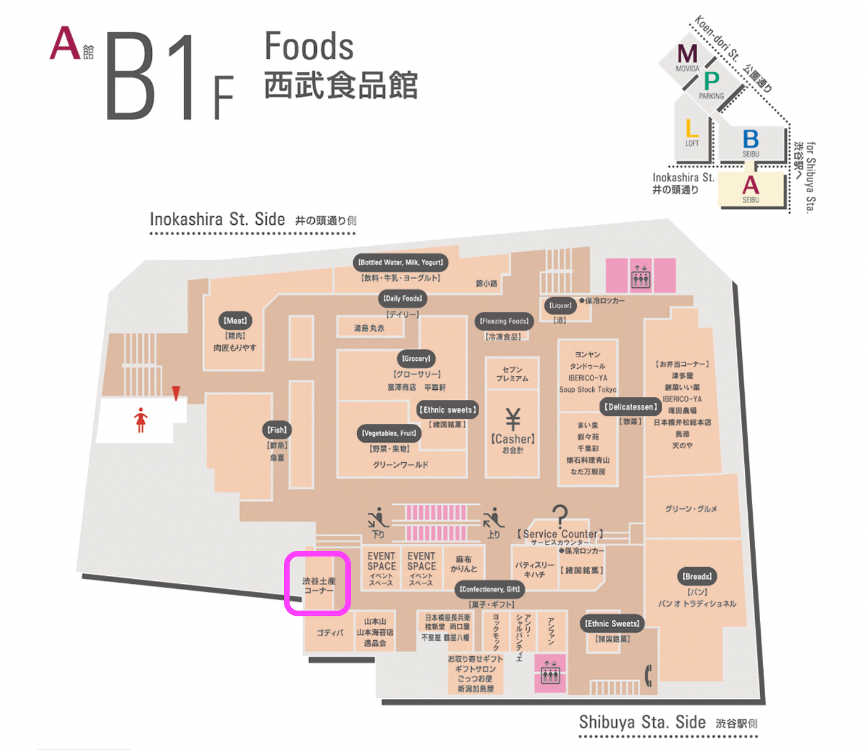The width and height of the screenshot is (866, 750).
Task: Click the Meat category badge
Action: tap(235, 321)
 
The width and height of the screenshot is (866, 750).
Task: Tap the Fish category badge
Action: tap(277, 430)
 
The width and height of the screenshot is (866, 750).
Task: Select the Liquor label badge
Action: tap(560, 306)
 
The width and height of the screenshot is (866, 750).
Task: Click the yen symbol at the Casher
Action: tap(513, 419)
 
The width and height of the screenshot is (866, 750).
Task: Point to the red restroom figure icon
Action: tap(141, 420)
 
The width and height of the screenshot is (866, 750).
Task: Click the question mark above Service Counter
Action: tap(560, 515)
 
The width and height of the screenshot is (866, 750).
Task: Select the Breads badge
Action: tap(697, 576)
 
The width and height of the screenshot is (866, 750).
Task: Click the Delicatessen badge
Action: tap(630, 407)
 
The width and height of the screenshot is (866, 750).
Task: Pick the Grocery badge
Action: tap(416, 358)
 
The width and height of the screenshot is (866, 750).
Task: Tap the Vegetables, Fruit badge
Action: tap(390, 433)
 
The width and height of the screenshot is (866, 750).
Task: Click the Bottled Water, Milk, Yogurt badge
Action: tap(401, 262)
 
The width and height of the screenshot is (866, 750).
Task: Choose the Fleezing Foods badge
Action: tap(504, 321)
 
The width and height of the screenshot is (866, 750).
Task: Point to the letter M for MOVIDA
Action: tap(687, 54)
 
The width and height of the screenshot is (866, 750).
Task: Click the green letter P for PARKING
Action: tap(711, 81)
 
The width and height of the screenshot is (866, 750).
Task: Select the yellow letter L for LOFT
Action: tap(692, 129)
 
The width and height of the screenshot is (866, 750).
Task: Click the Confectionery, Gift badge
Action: tap(489, 590)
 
